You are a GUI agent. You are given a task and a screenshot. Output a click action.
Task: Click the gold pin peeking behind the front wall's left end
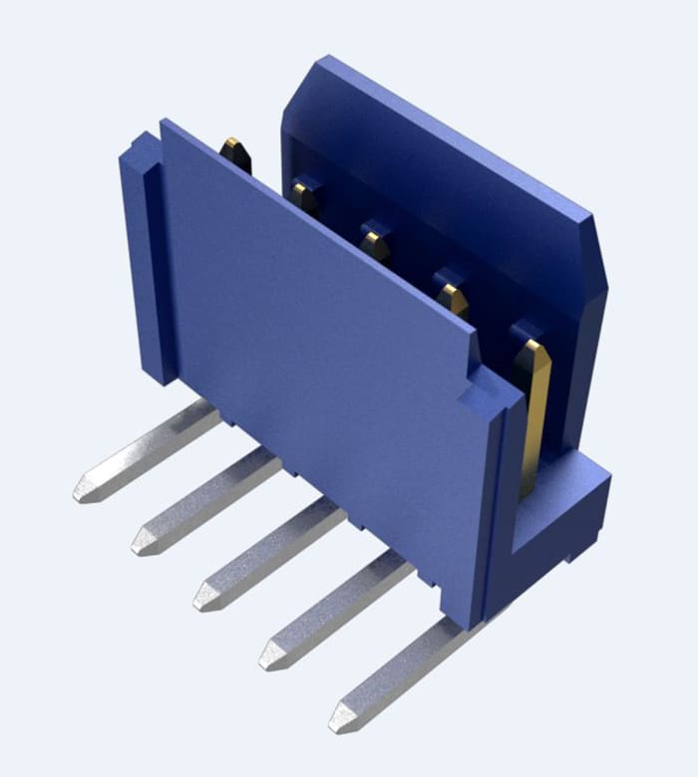coord(236,153)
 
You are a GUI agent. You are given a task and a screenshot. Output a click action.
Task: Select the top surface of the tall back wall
coord(449,149)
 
